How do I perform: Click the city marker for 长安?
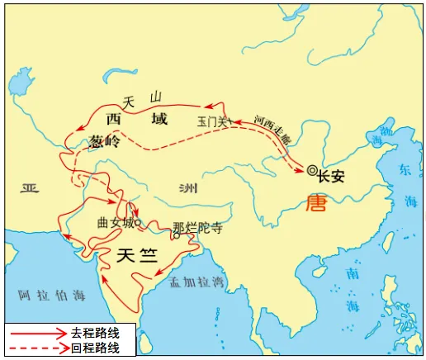(311, 171)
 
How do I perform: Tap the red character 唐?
(315, 202)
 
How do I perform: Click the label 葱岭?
(102, 141)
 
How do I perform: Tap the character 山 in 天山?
(155, 97)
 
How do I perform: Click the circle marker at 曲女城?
(138, 222)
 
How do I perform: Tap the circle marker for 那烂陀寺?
(176, 235)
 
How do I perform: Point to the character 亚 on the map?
(31, 188)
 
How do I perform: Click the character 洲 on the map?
(189, 187)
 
